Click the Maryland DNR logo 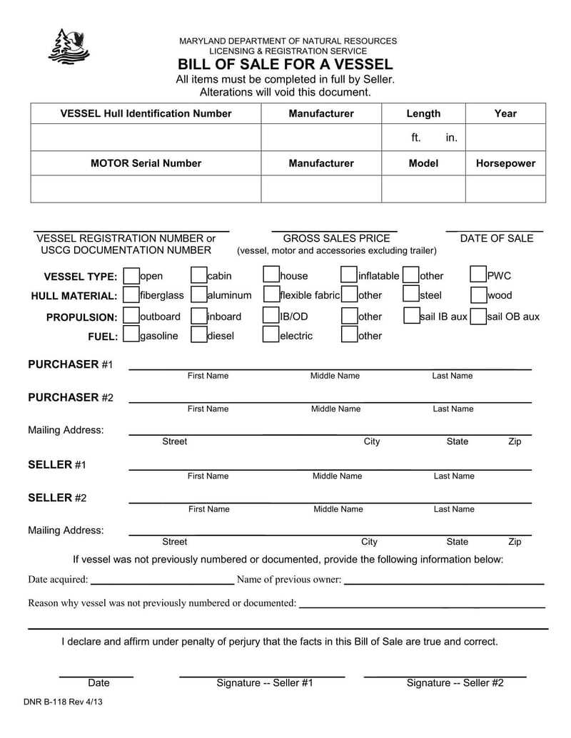tap(69, 46)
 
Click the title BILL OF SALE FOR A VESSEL tap(285, 64)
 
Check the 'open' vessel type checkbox tap(131, 276)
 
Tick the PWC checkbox tap(478, 275)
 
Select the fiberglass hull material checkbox tap(131, 294)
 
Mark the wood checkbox tap(478, 294)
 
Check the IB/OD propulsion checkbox tap(271, 316)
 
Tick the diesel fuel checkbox tap(198, 335)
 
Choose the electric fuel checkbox tap(271, 335)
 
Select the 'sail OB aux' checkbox tap(478, 316)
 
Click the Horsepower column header tap(505, 163)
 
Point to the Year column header tap(505, 113)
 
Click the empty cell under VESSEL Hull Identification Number tap(146, 137)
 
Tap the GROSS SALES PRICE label tap(336, 238)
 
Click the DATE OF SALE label tap(496, 238)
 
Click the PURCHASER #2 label tap(70, 397)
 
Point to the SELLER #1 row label tap(56, 464)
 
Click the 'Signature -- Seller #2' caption tap(455, 682)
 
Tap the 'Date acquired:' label tap(58, 579)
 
